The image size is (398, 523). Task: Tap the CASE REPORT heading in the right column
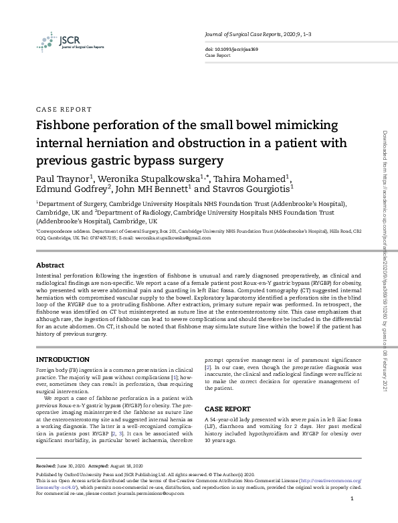pyautogui.click(x=227, y=408)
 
